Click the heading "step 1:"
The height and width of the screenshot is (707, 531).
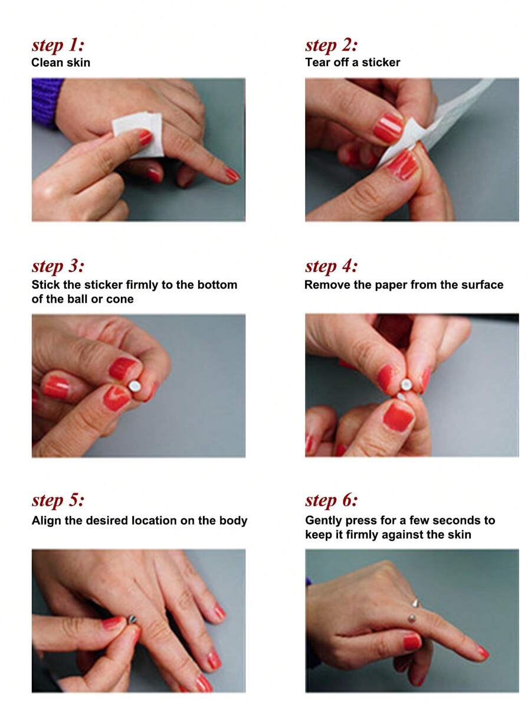(58, 45)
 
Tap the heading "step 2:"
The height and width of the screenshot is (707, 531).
(332, 45)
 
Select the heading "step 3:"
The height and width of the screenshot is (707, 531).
(58, 266)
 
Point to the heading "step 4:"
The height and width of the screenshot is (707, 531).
(332, 266)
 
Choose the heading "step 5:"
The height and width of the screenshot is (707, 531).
(58, 500)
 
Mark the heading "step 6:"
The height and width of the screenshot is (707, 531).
(332, 500)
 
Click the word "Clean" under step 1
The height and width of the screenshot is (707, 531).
(47, 62)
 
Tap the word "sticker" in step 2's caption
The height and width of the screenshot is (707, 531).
(381, 62)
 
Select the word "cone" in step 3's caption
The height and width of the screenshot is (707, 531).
(120, 299)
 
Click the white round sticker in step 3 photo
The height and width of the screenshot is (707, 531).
(135, 386)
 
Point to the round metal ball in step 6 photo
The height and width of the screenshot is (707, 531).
(412, 618)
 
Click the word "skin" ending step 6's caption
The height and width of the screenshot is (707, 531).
(459, 535)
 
